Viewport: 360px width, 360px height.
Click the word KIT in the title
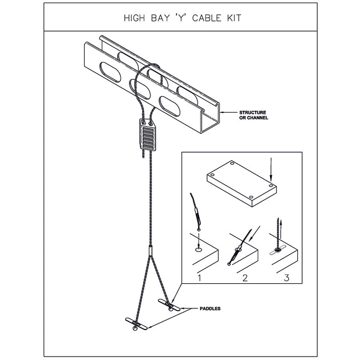[233, 18]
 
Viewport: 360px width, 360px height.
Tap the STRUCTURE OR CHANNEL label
[253, 115]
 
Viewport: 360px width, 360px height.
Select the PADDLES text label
[210, 309]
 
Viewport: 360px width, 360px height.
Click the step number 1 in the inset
[199, 277]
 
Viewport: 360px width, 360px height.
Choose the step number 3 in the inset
[286, 277]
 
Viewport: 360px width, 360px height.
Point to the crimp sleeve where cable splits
[151, 251]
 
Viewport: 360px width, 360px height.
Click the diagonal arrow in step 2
[255, 232]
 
